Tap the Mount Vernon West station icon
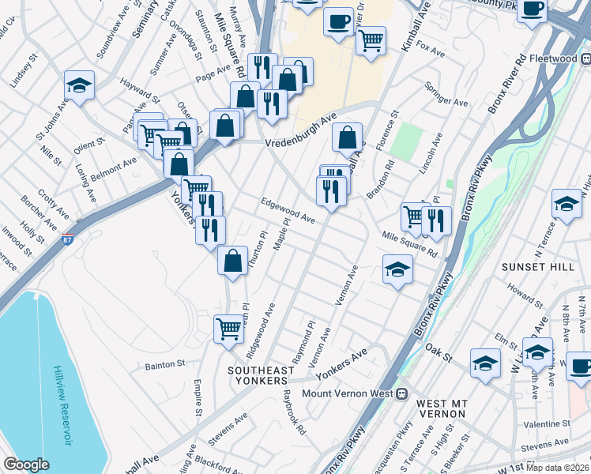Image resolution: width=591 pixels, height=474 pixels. (x=401, y=393)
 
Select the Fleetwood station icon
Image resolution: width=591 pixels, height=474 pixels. (x=585, y=58)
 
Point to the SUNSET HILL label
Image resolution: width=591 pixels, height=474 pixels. (x=538, y=267)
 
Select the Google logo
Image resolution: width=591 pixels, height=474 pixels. (x=26, y=464)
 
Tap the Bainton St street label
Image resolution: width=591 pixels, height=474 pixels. (x=164, y=365)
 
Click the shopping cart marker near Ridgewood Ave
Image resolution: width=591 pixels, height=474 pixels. (x=229, y=328)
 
